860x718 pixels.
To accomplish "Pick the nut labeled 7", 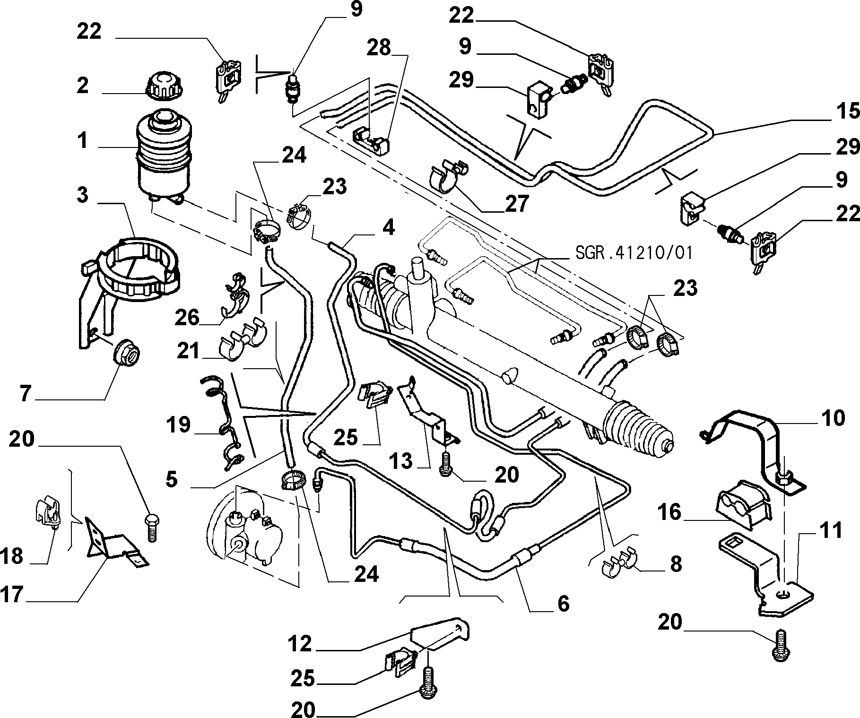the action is tap(127, 353).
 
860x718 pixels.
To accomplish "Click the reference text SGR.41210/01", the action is tap(634, 252).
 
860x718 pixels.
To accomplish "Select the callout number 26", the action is tap(187, 318).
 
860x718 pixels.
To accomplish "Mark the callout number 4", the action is tap(388, 229).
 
